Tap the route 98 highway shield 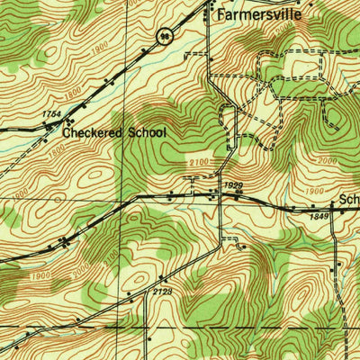click(163, 36)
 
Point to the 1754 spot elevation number click(51, 114)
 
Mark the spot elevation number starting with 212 click(162, 291)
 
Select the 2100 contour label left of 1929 click(200, 162)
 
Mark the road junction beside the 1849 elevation click(331, 208)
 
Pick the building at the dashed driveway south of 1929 click(240, 243)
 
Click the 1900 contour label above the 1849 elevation click(314, 191)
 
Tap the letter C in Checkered click(67, 132)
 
